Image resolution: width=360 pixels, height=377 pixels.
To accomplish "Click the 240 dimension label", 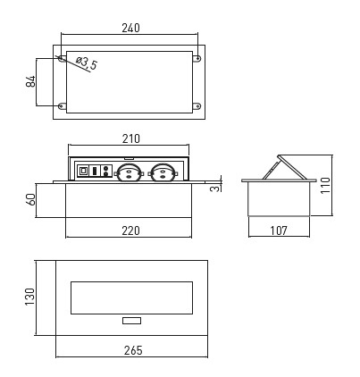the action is [x=130, y=28].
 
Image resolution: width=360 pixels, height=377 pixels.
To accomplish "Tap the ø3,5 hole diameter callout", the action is [x=87, y=63].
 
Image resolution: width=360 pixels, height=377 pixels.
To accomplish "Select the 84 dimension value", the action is [x=30, y=81].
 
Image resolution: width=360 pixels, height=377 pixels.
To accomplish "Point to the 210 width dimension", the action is [x=130, y=138].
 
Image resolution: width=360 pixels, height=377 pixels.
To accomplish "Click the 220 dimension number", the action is [x=130, y=230].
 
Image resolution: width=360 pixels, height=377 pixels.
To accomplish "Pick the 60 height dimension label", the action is [x=30, y=199].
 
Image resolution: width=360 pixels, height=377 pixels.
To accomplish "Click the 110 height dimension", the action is [x=325, y=185].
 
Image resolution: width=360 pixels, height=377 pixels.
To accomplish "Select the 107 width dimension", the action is [x=279, y=230].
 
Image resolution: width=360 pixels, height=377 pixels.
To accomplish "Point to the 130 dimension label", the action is [x=30, y=297].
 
